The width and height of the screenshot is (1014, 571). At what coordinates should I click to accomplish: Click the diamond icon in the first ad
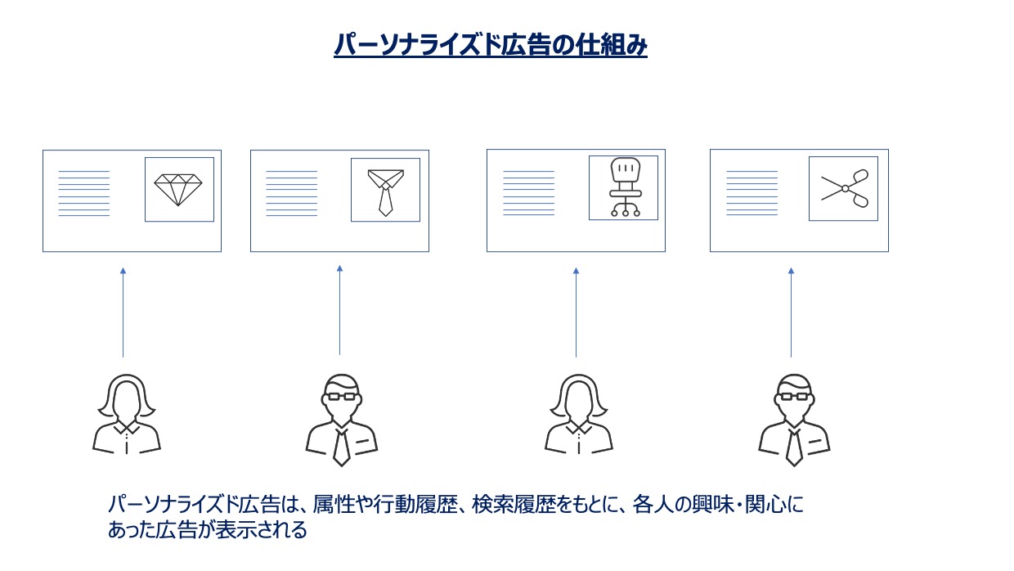tap(178, 189)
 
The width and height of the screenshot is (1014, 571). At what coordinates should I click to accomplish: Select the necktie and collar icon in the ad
tap(385, 191)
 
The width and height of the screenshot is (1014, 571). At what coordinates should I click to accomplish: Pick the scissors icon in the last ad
tap(843, 188)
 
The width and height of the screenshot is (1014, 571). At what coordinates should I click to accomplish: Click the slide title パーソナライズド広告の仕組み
tap(491, 45)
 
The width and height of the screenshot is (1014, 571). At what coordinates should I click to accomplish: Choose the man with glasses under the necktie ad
tap(342, 419)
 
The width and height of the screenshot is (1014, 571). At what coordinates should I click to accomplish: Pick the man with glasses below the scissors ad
tap(793, 419)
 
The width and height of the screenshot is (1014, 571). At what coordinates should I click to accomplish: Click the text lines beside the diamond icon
tap(83, 193)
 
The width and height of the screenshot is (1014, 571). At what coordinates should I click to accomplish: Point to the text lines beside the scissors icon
tap(752, 193)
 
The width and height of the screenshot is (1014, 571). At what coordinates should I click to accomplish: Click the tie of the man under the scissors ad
tap(793, 447)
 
